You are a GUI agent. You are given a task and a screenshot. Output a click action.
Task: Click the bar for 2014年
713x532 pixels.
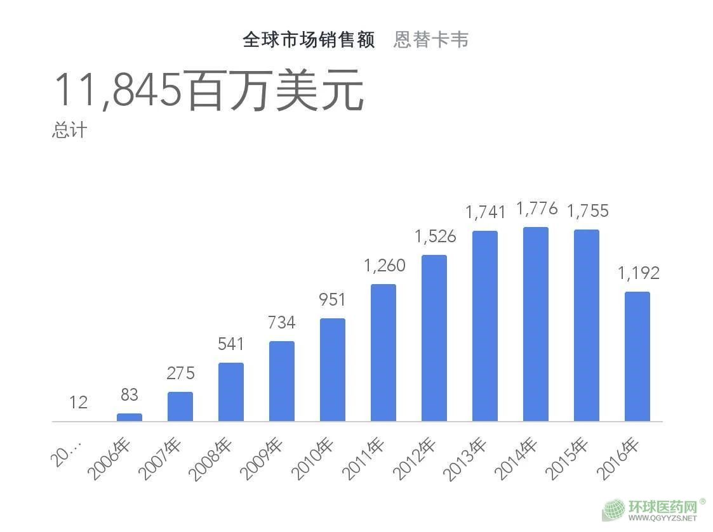click(x=535, y=324)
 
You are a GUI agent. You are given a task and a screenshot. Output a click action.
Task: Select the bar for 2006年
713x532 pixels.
click(x=130, y=417)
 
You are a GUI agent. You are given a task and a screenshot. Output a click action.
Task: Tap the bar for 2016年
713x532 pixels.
click(x=637, y=356)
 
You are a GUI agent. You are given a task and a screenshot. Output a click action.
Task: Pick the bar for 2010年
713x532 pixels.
click(x=332, y=370)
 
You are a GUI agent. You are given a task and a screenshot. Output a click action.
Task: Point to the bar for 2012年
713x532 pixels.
click(x=434, y=338)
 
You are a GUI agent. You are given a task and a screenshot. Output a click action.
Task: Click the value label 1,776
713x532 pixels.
click(x=536, y=209)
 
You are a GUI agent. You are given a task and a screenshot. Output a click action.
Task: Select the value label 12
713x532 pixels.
click(x=79, y=402)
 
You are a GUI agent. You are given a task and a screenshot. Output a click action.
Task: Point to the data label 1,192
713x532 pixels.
click(x=638, y=273)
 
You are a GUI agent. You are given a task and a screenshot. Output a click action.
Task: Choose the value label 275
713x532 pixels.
click(x=180, y=373)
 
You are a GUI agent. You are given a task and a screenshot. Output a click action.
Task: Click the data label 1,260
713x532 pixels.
click(x=384, y=265)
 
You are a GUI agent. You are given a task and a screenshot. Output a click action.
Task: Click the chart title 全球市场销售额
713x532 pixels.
click(x=309, y=40)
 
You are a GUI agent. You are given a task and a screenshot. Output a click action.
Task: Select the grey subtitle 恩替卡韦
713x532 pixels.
click(x=431, y=40)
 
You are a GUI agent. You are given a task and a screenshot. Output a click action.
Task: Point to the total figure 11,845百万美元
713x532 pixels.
click(x=208, y=91)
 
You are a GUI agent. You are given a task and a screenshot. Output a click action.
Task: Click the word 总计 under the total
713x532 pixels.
click(x=69, y=131)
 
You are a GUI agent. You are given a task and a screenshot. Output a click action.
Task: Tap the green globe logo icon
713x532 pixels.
click(x=614, y=510)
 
